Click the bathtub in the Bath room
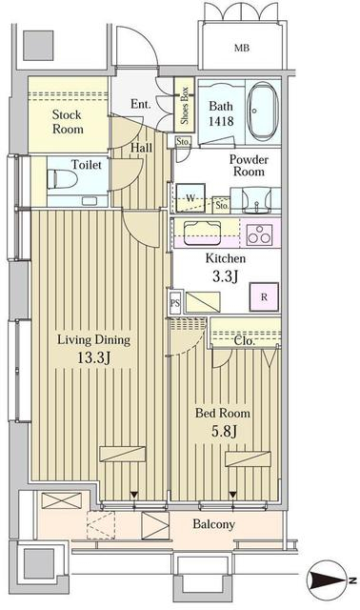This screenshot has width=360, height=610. pos(263,112)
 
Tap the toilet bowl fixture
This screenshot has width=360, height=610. pos(62,180)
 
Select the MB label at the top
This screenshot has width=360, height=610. pos(241,49)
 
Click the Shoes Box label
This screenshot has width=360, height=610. pos(184,105)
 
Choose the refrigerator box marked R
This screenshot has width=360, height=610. pos(264,296)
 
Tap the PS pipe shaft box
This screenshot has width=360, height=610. pos(175,302)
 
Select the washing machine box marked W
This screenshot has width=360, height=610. pos(190,198)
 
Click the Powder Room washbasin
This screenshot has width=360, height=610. pos(256,200)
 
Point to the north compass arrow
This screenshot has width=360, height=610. pos(328,580)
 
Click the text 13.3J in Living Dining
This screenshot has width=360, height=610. pos(93,358)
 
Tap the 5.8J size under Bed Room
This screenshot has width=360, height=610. pos(225,431)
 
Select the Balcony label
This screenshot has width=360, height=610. pos(214,524)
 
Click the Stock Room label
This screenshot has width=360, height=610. pos(68,122)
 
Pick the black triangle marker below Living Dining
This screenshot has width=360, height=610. pos(134,495)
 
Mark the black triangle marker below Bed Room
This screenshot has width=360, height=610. pos(232,495)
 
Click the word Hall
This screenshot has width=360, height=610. pos(141,148)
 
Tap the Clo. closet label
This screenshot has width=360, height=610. pos(245,341)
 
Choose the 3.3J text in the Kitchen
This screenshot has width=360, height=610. pos(225,276)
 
